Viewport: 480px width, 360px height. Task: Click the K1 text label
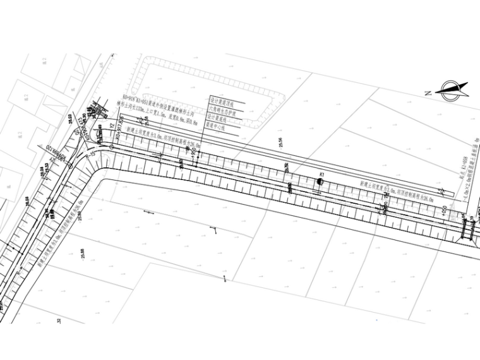point(321,173)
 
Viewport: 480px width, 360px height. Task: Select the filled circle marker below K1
point(320,182)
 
